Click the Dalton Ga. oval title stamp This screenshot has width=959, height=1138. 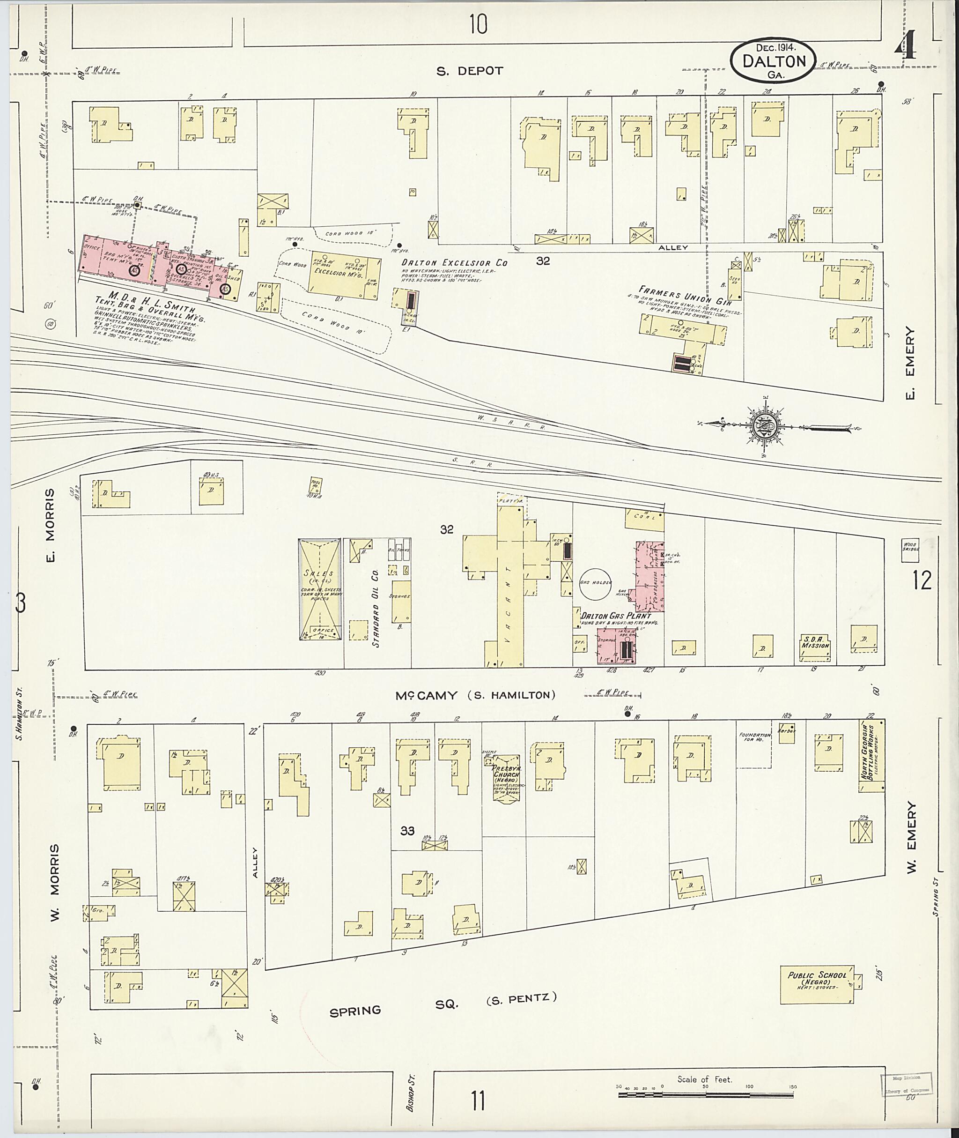(773, 61)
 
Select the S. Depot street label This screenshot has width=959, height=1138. (470, 71)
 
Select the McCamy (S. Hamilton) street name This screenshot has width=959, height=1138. (476, 695)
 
